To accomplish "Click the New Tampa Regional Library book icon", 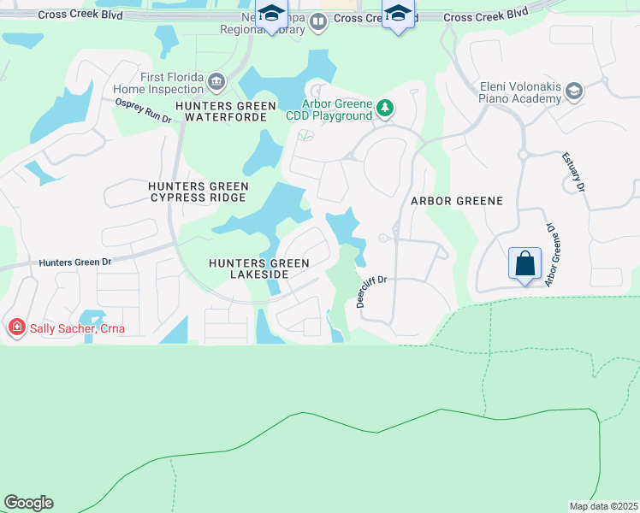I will pyautogui.click(x=318, y=21).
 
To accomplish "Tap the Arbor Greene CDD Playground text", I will pyautogui.click(x=336, y=109).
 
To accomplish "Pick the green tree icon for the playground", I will pyautogui.click(x=385, y=108).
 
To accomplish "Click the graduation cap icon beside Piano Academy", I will pyautogui.click(x=574, y=90).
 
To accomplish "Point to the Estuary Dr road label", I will pyautogui.click(x=573, y=172).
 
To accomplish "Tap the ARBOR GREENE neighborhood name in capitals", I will pyautogui.click(x=456, y=200).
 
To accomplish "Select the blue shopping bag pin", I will pyautogui.click(x=525, y=262).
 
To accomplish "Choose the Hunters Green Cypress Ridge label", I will pyautogui.click(x=198, y=192).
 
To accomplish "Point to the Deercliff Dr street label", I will pyautogui.click(x=372, y=291).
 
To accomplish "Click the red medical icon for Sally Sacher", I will pyautogui.click(x=15, y=327).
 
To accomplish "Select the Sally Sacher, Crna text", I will pyautogui.click(x=73, y=327).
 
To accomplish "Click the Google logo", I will pyautogui.click(x=28, y=503).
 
